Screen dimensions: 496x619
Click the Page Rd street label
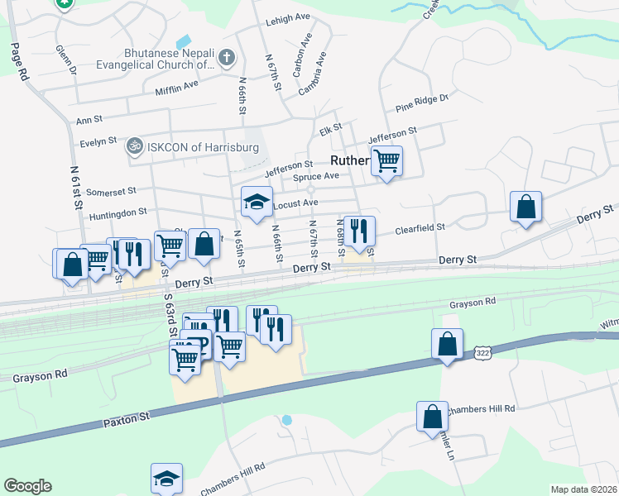[x=18, y=62]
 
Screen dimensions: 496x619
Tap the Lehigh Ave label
[x=287, y=17]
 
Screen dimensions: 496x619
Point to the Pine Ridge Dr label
[x=421, y=103]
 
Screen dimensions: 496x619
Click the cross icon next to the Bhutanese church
[x=228, y=59]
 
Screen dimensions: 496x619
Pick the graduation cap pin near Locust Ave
[x=257, y=201]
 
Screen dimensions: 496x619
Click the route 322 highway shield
[x=482, y=353]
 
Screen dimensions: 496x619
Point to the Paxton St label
[x=127, y=419]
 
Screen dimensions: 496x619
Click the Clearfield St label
[x=420, y=227]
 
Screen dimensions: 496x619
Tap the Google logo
[x=27, y=486]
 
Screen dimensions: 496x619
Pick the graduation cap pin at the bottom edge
[x=166, y=479]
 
